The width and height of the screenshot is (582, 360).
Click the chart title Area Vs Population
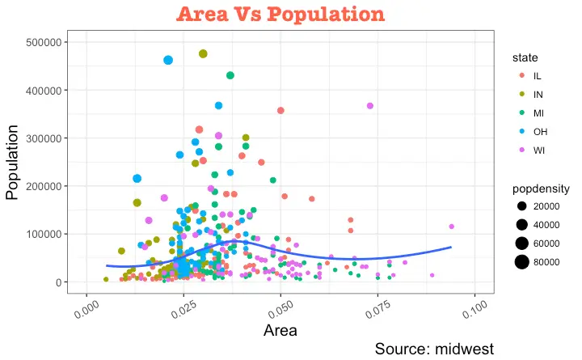point(281,14)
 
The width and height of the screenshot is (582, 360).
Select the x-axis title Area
point(280,329)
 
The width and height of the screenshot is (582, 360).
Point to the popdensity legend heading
point(541,188)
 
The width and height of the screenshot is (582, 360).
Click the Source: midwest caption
point(434,349)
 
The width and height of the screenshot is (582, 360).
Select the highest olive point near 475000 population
point(203,53)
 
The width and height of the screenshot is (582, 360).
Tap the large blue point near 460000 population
point(168,60)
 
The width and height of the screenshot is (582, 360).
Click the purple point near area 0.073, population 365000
point(369,106)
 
